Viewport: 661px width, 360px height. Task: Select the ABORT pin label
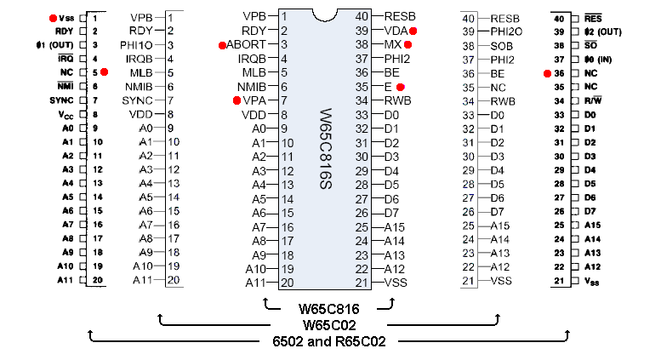tap(247, 44)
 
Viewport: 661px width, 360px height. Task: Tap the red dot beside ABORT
tap(222, 45)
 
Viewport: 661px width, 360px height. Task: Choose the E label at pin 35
tap(388, 86)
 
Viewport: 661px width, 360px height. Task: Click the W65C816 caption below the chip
tap(328, 307)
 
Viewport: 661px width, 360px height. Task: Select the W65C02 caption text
tap(328, 324)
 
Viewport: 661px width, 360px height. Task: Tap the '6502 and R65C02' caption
tap(328, 341)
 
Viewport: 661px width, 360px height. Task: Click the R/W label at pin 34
tap(593, 100)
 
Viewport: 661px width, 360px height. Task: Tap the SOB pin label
tap(502, 44)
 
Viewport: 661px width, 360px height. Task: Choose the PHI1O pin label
tap(138, 44)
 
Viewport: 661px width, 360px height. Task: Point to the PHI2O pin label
tap(507, 31)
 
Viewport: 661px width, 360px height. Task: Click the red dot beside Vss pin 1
tap(53, 17)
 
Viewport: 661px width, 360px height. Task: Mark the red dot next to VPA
tap(236, 100)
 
